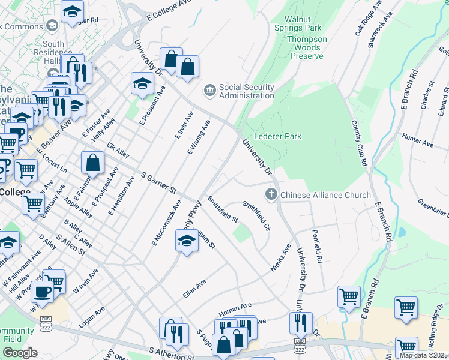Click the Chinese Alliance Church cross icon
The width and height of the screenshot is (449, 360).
(x=271, y=194)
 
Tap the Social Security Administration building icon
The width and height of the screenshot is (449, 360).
(x=209, y=91)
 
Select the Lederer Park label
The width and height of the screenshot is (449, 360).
(x=277, y=137)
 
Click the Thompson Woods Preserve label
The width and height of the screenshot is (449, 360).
(x=300, y=47)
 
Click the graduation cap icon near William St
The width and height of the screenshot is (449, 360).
(x=187, y=242)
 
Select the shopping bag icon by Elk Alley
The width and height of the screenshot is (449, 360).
(x=93, y=162)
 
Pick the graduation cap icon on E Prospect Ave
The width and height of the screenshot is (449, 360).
(x=142, y=83)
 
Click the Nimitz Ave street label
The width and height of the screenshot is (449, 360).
(x=280, y=258)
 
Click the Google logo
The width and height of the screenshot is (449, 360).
(x=20, y=352)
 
